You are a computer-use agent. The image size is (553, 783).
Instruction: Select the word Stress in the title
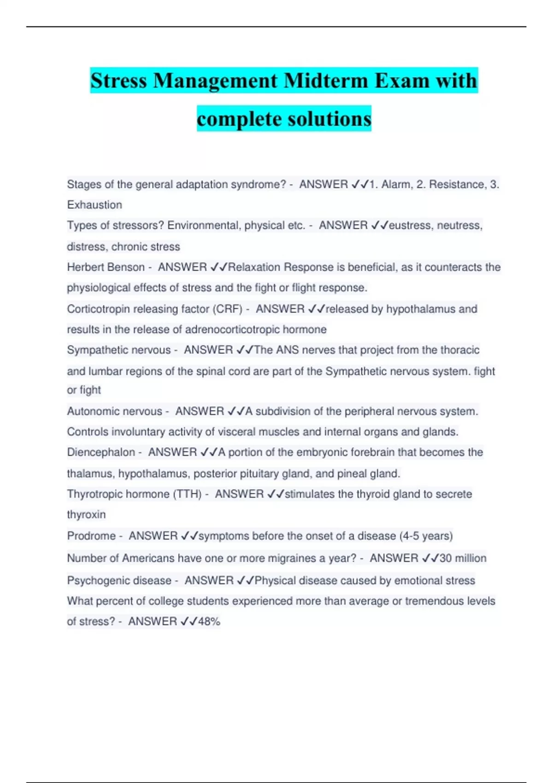tap(118, 81)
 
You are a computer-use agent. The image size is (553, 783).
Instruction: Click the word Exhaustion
tap(94, 205)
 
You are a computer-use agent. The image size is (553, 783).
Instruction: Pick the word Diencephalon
tap(101, 452)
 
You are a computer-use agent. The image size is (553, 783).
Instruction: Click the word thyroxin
tap(86, 514)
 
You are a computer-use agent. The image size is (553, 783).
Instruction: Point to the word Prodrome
tap(91, 536)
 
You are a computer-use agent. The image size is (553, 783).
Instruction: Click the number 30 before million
tap(446, 558)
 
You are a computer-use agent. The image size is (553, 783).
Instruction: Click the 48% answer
tap(209, 621)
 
